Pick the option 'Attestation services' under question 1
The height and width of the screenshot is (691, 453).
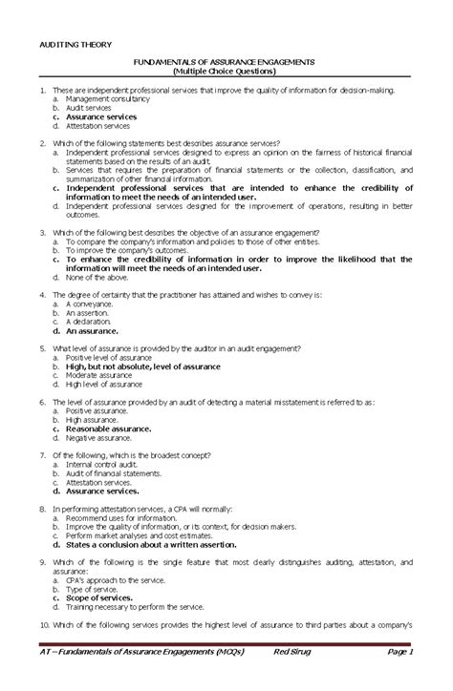[98, 126]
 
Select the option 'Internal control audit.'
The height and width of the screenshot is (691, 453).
[103, 465]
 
